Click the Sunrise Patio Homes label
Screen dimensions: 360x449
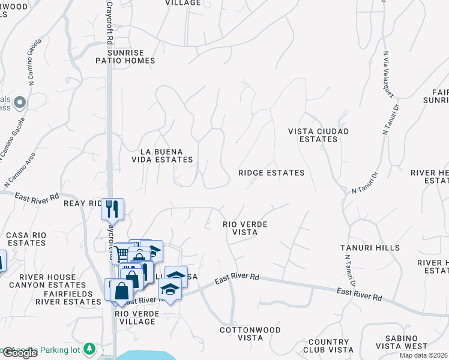(x=126, y=56)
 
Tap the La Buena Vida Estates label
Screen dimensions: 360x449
(x=163, y=155)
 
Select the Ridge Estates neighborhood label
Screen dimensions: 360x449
(x=271, y=173)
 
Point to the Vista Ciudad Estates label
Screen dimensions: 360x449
(x=318, y=135)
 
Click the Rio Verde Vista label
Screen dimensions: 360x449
(x=244, y=228)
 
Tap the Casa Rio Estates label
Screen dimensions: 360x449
(x=26, y=239)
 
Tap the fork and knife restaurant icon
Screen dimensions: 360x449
(x=112, y=208)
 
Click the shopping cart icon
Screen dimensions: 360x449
(x=121, y=253)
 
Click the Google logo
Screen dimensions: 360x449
(x=19, y=353)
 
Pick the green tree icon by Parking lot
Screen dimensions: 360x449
(x=89, y=347)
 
